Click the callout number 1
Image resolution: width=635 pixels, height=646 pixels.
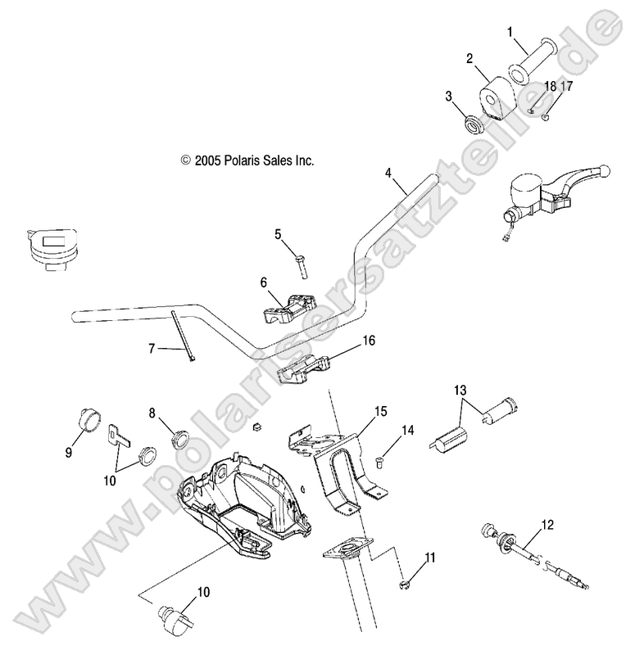coord(510,33)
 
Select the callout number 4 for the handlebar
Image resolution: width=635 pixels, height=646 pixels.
coord(388,173)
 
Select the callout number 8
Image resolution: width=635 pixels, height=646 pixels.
coord(152,413)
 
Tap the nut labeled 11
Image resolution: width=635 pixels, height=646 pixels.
coord(405,583)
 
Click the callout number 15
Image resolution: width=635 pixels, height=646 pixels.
coord(380,410)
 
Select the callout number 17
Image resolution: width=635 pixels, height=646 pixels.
coord(567,85)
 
